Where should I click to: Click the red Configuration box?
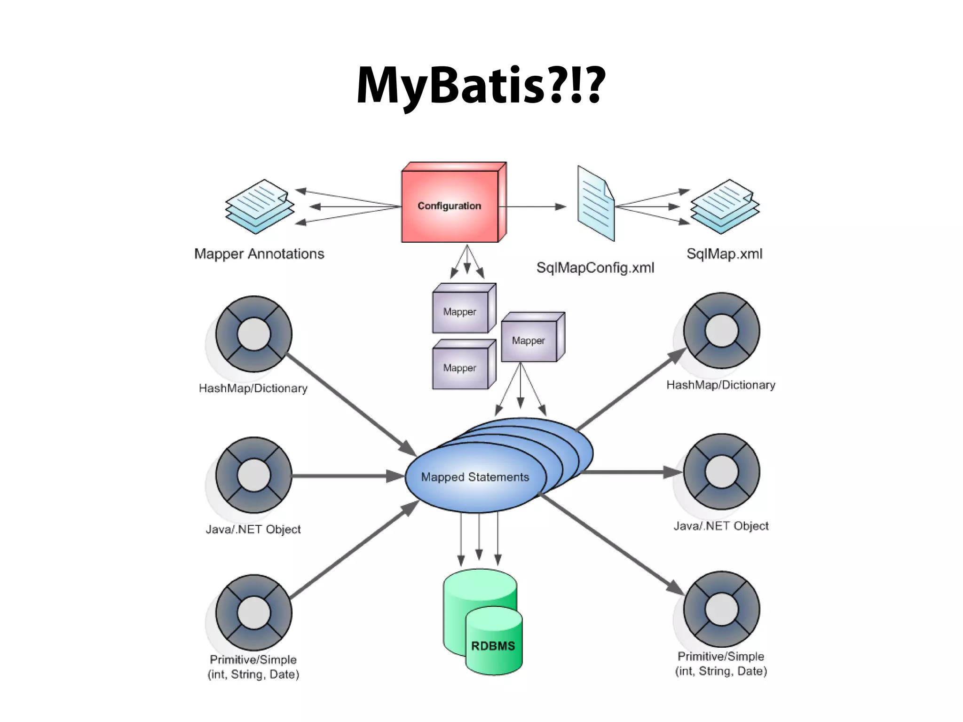click(450, 206)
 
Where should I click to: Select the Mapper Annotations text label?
click(259, 254)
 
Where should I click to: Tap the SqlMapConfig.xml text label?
click(595, 268)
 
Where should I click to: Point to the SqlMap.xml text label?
click(724, 254)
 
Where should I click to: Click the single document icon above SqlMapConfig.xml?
click(596, 204)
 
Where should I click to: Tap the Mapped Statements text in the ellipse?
click(475, 477)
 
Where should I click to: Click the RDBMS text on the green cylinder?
click(493, 646)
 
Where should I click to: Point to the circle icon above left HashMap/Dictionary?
click(254, 334)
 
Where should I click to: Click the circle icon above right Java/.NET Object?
click(721, 472)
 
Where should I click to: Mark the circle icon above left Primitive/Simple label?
click(254, 612)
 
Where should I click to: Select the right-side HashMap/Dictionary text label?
click(720, 385)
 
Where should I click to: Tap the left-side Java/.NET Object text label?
click(253, 530)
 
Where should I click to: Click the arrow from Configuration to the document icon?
click(531, 206)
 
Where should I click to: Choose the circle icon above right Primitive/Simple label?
click(721, 610)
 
